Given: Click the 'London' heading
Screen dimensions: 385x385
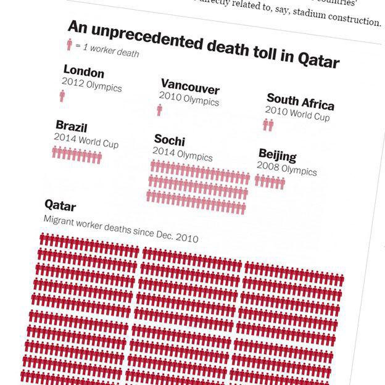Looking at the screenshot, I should click(x=84, y=72).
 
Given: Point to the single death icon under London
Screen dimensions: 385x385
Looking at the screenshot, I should click(x=62, y=96).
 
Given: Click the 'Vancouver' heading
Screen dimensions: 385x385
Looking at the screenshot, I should click(x=190, y=86).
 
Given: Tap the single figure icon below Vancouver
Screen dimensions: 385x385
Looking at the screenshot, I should click(x=159, y=110).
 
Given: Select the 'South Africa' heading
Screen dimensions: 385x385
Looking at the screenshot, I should click(x=300, y=102).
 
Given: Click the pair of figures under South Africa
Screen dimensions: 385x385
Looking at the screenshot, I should click(x=268, y=125).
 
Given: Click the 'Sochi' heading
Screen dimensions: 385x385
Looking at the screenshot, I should click(x=170, y=140).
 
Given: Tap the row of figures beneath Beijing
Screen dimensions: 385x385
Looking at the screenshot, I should click(x=270, y=182).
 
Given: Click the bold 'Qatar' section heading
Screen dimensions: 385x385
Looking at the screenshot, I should click(x=60, y=205).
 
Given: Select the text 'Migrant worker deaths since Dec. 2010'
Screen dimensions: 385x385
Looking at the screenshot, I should click(x=121, y=228).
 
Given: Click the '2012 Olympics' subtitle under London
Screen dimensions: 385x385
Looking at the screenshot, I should click(x=91, y=85).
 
